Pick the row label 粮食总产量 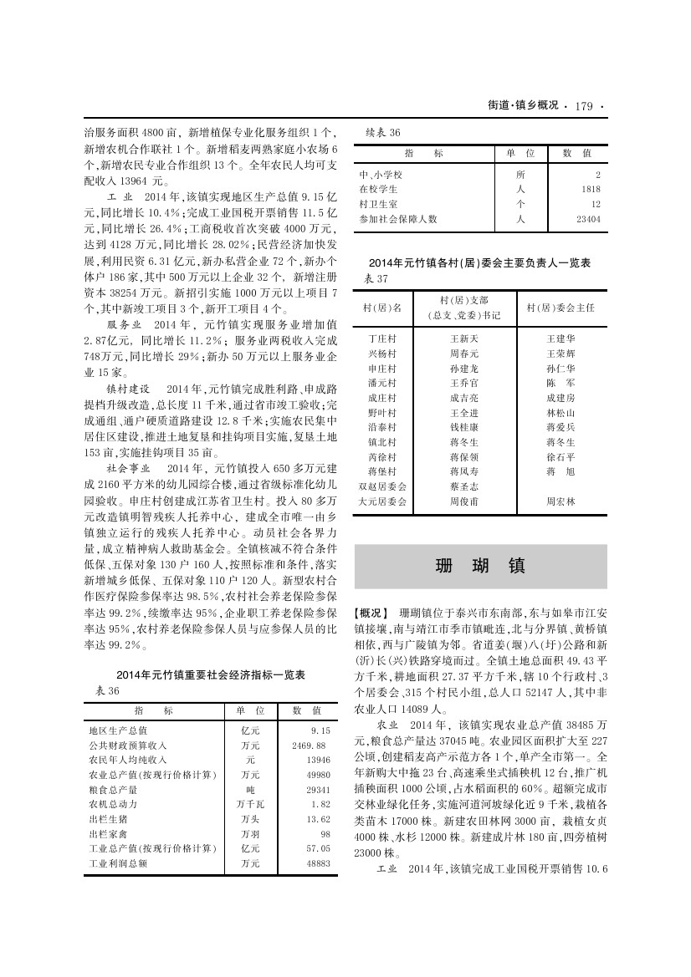[113, 789]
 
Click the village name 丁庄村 [381, 338]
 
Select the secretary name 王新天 [463, 338]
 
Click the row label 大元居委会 [381, 501]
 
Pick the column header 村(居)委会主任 [560, 308]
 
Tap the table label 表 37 [378, 277]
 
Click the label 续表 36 [385, 133]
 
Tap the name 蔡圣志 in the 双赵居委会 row [463, 486]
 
